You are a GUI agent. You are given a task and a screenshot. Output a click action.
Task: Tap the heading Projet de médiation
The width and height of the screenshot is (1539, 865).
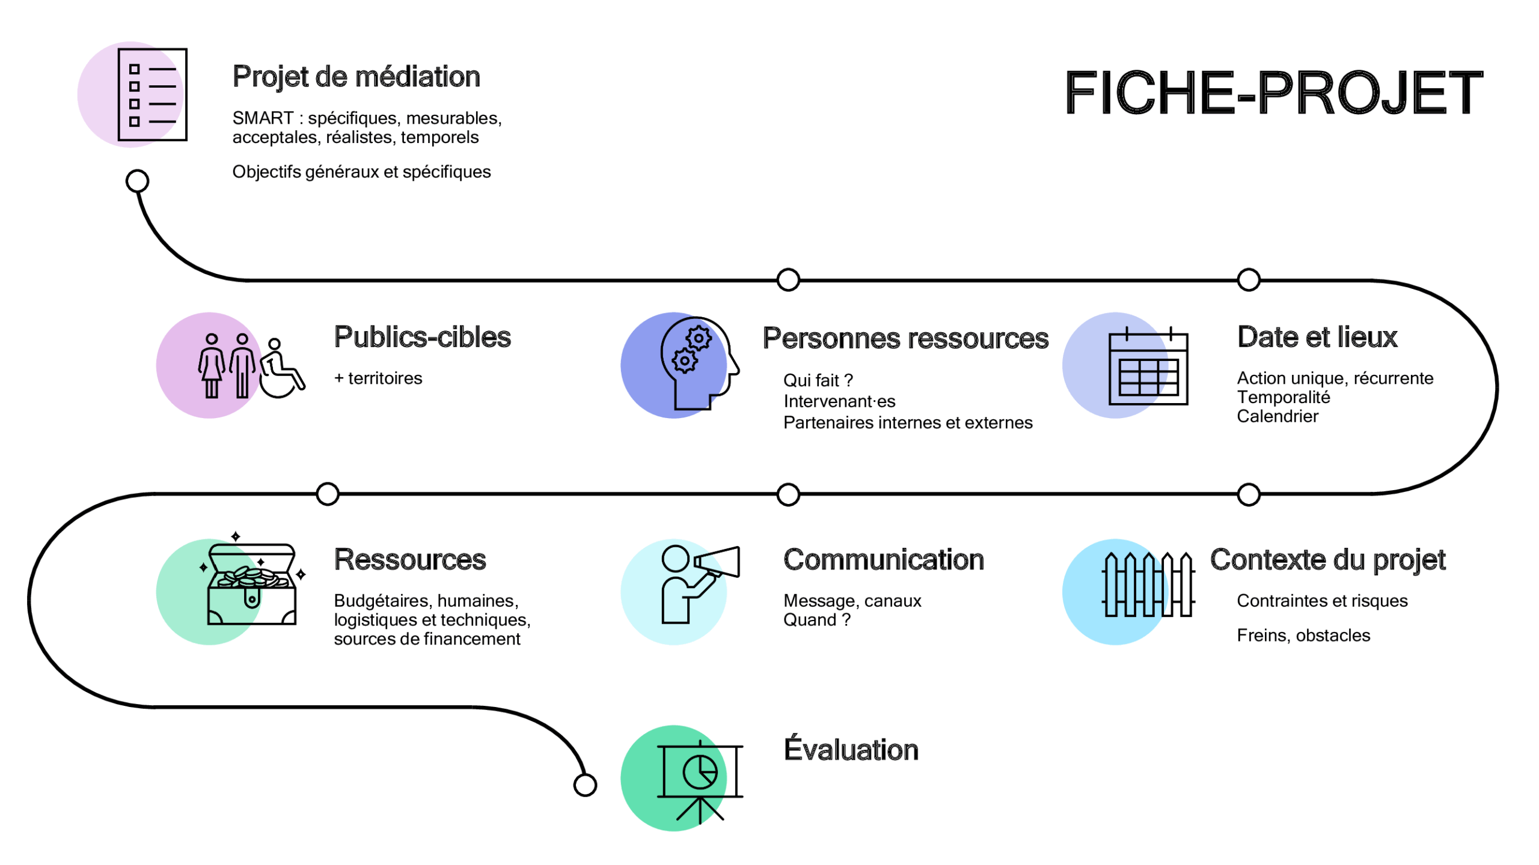356,77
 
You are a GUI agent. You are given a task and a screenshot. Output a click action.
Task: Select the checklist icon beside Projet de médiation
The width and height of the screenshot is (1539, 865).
152,95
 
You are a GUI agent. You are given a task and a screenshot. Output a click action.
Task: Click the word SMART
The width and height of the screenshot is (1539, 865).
263,118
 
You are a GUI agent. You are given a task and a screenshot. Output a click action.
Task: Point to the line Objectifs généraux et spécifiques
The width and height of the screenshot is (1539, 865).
361,172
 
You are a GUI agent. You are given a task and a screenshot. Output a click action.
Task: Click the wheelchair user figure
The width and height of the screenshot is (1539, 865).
281,369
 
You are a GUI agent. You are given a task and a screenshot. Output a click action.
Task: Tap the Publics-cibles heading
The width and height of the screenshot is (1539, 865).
422,337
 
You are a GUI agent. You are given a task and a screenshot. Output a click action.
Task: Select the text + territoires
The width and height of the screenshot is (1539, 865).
378,378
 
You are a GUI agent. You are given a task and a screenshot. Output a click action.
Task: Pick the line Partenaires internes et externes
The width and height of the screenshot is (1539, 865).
907,423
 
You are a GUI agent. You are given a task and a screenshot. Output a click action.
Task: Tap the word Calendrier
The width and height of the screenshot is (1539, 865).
1277,416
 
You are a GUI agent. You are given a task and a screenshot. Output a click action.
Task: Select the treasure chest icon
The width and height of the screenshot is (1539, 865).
252,584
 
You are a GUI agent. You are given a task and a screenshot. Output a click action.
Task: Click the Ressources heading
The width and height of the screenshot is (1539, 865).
409,560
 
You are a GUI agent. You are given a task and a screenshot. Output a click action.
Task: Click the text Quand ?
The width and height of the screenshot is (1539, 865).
816,620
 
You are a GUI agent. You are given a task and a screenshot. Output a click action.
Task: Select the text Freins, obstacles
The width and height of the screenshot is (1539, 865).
1303,636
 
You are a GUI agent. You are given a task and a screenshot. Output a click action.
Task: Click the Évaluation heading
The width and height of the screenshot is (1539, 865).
851,750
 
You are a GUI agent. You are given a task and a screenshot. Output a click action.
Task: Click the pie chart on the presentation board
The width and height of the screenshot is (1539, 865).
700,771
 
